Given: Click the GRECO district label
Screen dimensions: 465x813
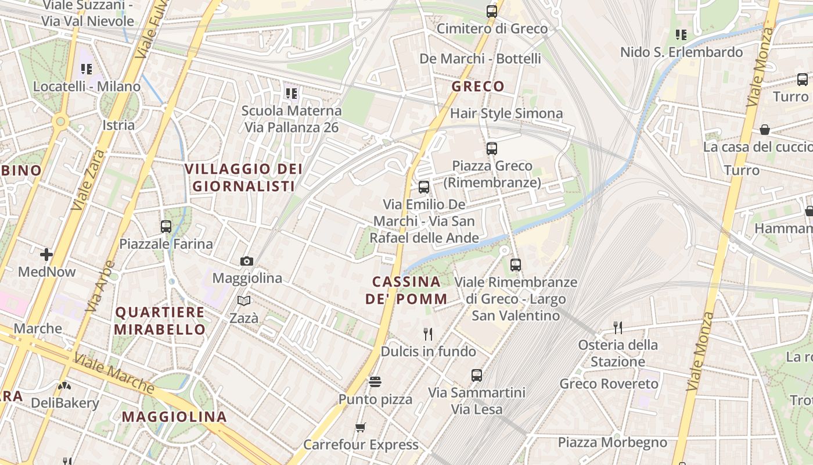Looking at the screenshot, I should [478, 87].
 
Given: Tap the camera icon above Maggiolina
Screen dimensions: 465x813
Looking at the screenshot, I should [247, 262].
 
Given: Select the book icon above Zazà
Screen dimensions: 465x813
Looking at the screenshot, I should [244, 301].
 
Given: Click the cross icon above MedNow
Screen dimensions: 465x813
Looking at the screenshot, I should [46, 255].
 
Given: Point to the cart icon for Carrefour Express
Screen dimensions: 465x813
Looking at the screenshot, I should [361, 428].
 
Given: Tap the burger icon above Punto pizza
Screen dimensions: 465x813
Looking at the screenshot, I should [375, 382].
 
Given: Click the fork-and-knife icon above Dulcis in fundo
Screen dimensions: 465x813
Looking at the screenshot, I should [428, 334].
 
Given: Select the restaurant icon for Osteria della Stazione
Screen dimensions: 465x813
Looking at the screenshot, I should [618, 328].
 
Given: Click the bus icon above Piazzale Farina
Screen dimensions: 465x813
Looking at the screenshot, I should [166, 227].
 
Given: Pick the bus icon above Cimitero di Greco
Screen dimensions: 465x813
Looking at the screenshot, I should [492, 11].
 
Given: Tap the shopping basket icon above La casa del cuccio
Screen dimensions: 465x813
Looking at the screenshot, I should [765, 130].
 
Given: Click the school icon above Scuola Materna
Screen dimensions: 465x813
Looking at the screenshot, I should [291, 93].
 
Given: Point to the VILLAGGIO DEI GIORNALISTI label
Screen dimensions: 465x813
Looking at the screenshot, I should [244, 177].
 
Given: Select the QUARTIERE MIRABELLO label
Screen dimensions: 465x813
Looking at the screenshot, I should [160, 321].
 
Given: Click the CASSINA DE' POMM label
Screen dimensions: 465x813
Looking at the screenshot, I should [406, 291].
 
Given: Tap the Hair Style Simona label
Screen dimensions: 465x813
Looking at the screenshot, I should [506, 113].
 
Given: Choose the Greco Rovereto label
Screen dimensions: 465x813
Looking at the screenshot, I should [609, 384].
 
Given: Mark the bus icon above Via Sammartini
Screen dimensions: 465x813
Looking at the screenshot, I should [477, 375].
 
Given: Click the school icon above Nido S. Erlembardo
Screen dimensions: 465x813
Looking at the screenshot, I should [681, 35].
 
